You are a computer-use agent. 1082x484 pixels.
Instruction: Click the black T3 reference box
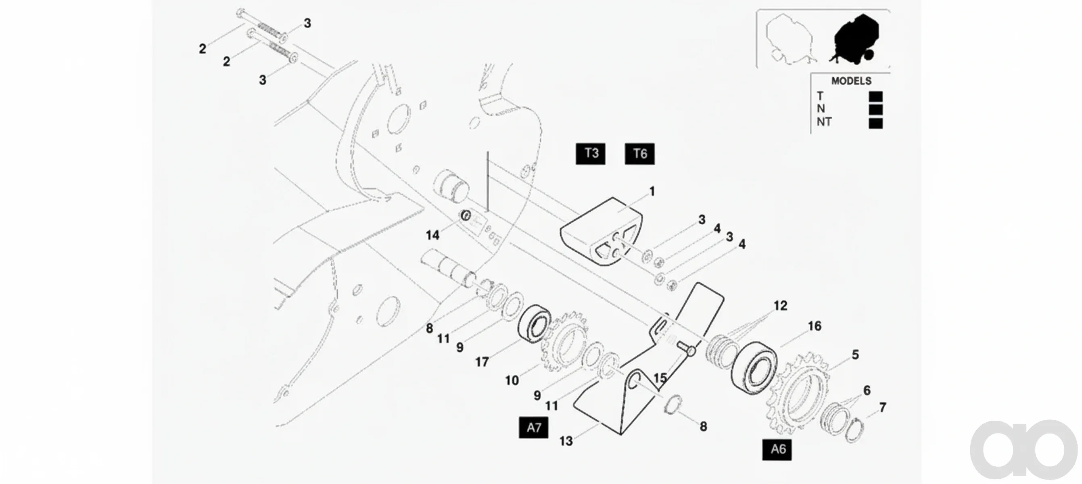pos(590,154)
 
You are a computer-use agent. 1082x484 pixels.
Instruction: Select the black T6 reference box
pos(640,154)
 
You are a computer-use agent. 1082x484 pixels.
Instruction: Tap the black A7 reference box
pos(533,428)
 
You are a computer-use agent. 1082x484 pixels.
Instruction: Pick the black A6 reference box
pos(777,450)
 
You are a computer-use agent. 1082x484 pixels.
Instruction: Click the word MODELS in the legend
pos(851,81)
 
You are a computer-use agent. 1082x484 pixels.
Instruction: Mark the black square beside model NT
pos(875,123)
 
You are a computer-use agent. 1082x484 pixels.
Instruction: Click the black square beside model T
pos(875,96)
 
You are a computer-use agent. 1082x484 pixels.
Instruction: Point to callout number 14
pos(432,235)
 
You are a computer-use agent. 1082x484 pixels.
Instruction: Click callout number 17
pos(482,362)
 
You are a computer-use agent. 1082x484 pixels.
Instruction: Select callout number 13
pos(566,441)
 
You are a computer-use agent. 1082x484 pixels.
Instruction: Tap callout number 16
pos(815,326)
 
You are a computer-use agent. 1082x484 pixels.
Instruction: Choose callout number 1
pos(652,192)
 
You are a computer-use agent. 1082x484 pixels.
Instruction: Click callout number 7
pos(882,407)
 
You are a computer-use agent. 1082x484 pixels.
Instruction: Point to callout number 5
pos(855,355)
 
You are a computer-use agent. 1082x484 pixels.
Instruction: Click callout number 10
pos(512,380)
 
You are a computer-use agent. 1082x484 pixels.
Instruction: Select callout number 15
pos(660,378)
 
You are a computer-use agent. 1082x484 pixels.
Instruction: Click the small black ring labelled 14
pos(466,216)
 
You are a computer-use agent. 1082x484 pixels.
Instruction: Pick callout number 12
pos(780,306)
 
